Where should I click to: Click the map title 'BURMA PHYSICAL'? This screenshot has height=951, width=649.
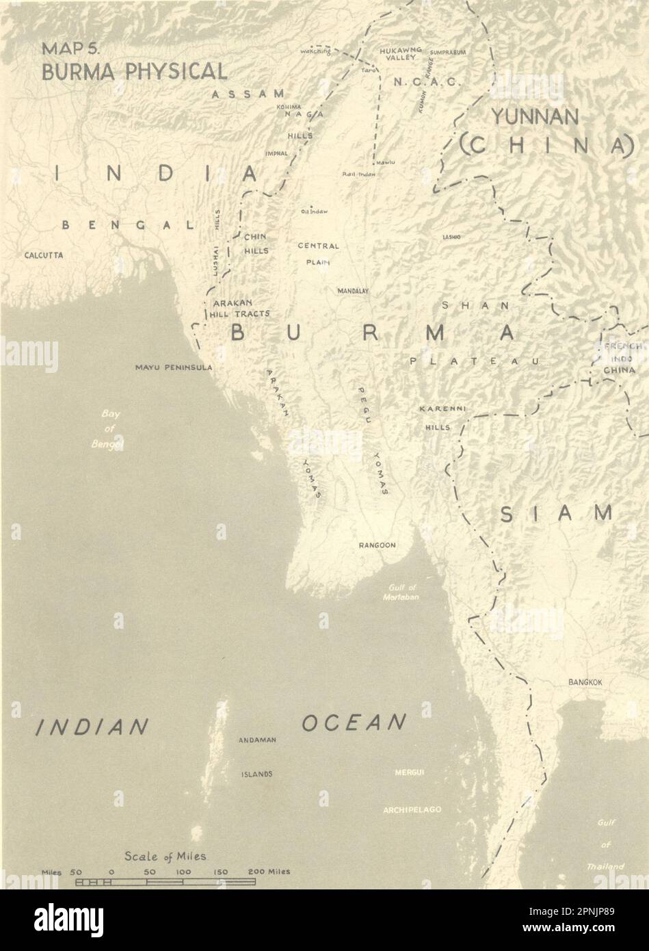click(134, 71)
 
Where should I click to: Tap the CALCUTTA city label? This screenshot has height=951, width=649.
click(44, 255)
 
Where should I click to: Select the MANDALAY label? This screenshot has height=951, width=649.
click(353, 291)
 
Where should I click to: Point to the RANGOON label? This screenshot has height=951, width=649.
click(378, 545)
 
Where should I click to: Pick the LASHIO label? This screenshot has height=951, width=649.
click(451, 237)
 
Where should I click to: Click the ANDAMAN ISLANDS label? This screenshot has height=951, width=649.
click(256, 757)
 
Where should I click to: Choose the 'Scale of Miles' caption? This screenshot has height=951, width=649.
click(165, 856)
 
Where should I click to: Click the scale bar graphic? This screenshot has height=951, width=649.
click(165, 882)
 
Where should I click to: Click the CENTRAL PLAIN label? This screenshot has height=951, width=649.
click(318, 253)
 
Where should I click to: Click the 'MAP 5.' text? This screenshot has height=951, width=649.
click(70, 51)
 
